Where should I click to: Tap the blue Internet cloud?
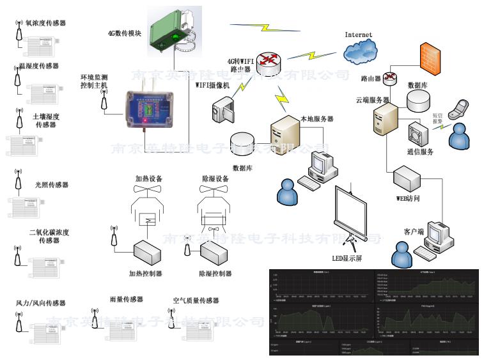click(x=360, y=52)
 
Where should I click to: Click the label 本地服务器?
click(x=316, y=118)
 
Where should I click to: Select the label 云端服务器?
click(x=373, y=100)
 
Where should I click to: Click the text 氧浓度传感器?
click(x=45, y=22)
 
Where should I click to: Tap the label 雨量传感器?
click(x=126, y=299)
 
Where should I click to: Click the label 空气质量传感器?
click(x=196, y=300)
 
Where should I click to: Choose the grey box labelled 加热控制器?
click(x=146, y=253)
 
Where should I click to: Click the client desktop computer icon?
click(x=441, y=237)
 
